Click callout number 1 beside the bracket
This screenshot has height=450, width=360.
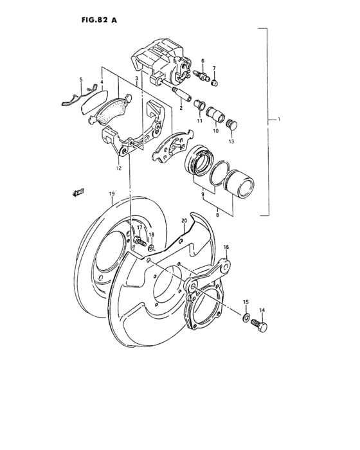pyautogui.click(x=278, y=120)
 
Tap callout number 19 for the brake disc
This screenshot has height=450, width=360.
pyautogui.click(x=111, y=194)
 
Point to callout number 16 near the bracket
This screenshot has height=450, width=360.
pyautogui.click(x=226, y=247)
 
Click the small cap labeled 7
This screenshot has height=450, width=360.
pyautogui.click(x=215, y=82)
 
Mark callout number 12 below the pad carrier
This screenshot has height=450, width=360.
pyautogui.click(x=118, y=168)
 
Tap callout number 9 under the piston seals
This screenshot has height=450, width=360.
pyautogui.click(x=204, y=195)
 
